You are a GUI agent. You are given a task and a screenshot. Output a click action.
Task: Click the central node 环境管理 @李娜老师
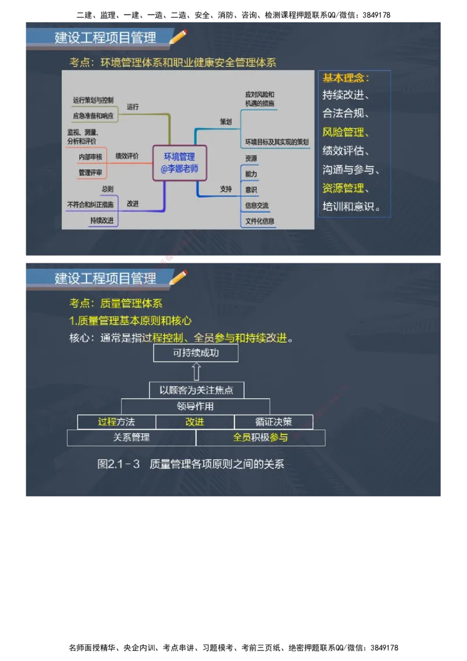[179, 162]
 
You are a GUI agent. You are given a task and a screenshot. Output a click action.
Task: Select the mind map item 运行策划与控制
[93, 100]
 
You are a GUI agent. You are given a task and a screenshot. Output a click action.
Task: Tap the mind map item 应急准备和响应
[93, 116]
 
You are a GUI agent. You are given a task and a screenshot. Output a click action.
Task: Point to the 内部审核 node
[90, 156]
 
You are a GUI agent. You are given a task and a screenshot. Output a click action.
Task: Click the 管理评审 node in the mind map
[90, 173]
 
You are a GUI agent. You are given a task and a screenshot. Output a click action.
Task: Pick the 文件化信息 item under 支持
[260, 221]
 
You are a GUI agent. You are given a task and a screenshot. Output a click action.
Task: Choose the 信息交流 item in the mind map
[257, 205]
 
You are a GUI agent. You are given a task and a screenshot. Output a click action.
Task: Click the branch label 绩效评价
[127, 156]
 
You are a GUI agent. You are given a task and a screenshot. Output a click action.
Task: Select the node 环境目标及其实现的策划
[277, 142]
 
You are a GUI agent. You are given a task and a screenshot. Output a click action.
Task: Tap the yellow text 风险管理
[343, 132]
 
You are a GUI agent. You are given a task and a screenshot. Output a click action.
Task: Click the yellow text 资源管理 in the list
[343, 188]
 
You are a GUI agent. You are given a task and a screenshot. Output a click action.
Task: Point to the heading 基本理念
[346, 78]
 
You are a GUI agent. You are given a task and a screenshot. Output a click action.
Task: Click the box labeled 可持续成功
[196, 353]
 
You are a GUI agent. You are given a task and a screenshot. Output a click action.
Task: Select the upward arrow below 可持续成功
[196, 371]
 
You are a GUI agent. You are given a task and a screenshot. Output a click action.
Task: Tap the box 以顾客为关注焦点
[196, 390]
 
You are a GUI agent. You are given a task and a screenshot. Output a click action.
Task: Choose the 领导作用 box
[196, 406]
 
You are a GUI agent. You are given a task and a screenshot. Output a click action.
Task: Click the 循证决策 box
[273, 422]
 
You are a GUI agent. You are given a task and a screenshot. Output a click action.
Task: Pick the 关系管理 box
[131, 437]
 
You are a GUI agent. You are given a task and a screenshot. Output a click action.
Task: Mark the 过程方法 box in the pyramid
[116, 422]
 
